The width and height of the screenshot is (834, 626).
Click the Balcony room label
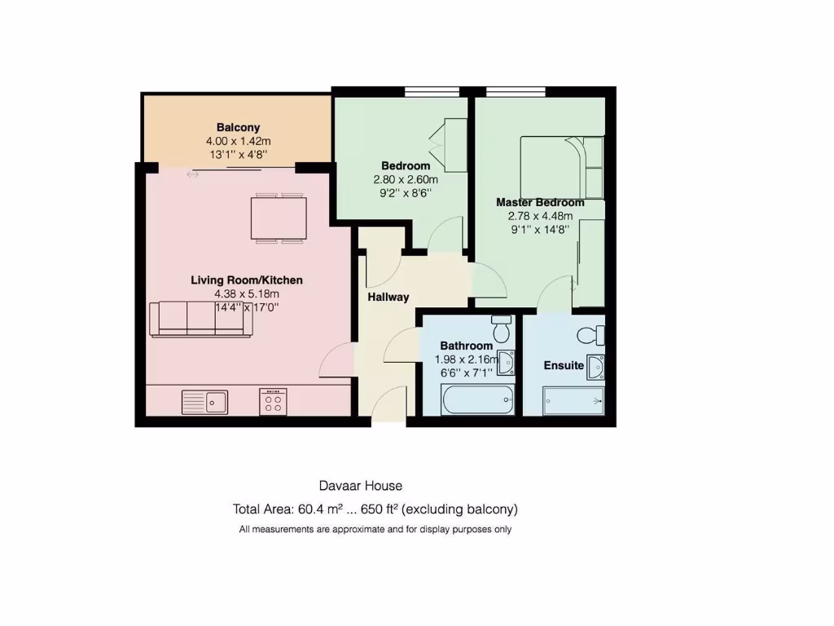pyautogui.click(x=238, y=127)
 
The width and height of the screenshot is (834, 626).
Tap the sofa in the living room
pyautogui.click(x=200, y=319)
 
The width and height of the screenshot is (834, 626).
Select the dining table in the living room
pyautogui.click(x=279, y=218)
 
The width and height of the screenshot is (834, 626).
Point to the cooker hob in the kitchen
pyautogui.click(x=274, y=401)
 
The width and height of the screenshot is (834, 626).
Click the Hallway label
pyautogui.click(x=388, y=297)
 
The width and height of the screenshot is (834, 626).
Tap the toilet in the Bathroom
pyautogui.click(x=501, y=329)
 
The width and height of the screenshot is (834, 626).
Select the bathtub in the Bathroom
pyautogui.click(x=477, y=401)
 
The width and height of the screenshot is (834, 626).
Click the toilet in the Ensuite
pyautogui.click(x=590, y=334)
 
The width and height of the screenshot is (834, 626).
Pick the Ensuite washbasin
pyautogui.click(x=595, y=367)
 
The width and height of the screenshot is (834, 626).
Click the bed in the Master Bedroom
pyautogui.click(x=563, y=167)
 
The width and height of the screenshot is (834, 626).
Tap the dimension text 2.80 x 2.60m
pyautogui.click(x=406, y=180)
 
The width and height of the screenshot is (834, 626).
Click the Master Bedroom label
pyautogui.click(x=540, y=202)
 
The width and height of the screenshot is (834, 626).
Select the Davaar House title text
pyautogui.click(x=361, y=486)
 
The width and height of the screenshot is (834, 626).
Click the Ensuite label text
pyautogui.click(x=564, y=365)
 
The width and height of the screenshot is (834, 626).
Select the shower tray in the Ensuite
pyautogui.click(x=574, y=401)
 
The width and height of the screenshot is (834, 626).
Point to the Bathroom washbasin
pyautogui.click(x=506, y=362)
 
